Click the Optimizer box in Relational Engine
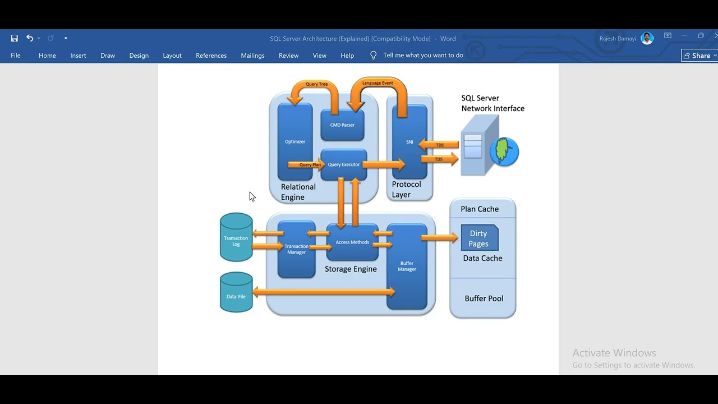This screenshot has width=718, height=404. [295, 141]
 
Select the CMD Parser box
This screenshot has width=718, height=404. [342, 125]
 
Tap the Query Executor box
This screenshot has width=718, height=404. [343, 164]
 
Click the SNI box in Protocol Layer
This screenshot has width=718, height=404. [409, 142]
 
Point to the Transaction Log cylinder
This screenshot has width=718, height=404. [236, 238]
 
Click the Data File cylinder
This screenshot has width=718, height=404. [236, 293]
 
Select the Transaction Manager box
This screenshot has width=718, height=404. [296, 249]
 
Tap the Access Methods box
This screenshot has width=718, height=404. [352, 242]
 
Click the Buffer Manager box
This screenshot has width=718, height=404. [407, 266]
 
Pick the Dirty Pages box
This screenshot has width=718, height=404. [478, 238]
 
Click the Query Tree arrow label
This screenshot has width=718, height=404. [317, 84]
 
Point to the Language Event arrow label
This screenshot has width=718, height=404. [378, 83]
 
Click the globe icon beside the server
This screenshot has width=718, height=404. [504, 151]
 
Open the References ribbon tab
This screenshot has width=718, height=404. [211, 56]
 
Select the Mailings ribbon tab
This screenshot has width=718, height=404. [252, 56]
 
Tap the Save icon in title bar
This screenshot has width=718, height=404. [15, 38]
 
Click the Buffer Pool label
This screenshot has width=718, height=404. [484, 299]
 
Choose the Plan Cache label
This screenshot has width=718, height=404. [480, 209]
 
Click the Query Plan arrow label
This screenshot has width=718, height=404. [310, 165]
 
